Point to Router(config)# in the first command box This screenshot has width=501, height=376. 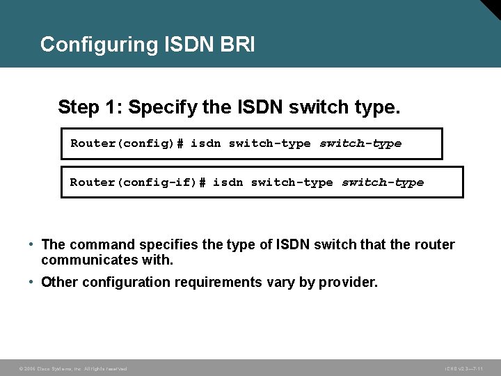[x=127, y=143]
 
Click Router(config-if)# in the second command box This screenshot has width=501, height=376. [x=138, y=182]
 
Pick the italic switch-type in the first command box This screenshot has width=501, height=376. [x=360, y=143]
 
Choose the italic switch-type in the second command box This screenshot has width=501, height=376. [x=382, y=182]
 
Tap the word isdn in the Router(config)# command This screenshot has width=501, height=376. [x=205, y=143]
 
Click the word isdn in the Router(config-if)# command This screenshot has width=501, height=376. [x=228, y=182]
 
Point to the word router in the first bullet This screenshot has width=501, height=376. [x=435, y=244]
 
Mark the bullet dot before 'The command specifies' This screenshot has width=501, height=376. [x=32, y=244]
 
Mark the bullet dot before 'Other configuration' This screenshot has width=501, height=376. [x=32, y=282]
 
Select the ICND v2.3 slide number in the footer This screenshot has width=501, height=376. [x=464, y=368]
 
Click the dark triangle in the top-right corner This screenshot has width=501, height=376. [x=491, y=8]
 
